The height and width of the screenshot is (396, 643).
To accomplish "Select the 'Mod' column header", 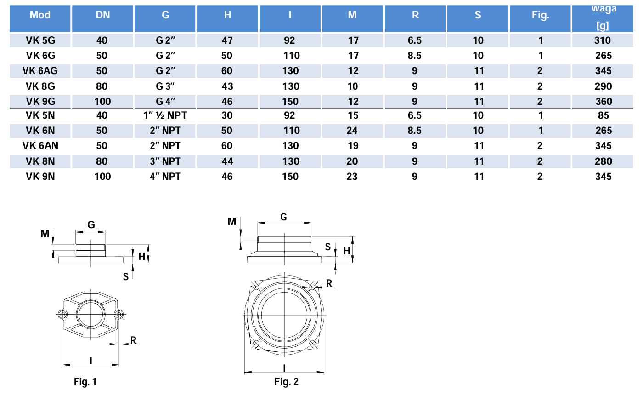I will pyautogui.click(x=40, y=15).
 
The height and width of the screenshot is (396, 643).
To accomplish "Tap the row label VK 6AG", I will pyautogui.click(x=40, y=71).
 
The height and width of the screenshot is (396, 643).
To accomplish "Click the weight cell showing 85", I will pyautogui.click(x=603, y=115).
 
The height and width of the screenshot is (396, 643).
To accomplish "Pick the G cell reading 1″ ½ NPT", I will pyautogui.click(x=165, y=115).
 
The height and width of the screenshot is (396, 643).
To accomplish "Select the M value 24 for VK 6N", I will pyautogui.click(x=352, y=131).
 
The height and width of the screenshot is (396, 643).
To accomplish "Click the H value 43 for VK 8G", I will pyautogui.click(x=227, y=86).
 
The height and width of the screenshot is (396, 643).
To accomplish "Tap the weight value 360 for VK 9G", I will pyautogui.click(x=603, y=101).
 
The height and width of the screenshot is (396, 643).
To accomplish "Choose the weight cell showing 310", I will pyautogui.click(x=603, y=40).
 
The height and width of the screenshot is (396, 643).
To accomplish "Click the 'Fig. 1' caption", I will pyautogui.click(x=85, y=381).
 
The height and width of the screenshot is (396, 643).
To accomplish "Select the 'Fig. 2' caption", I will pyautogui.click(x=287, y=381).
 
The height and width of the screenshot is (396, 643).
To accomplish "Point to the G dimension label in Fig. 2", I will pyautogui.click(x=284, y=217).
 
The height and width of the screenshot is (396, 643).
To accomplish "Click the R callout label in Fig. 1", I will pyautogui.click(x=133, y=340).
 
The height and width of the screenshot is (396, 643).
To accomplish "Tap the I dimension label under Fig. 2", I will pyautogui.click(x=285, y=367).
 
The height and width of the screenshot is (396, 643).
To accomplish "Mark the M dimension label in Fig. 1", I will pyautogui.click(x=45, y=234).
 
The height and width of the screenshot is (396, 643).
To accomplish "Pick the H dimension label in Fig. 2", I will pyautogui.click(x=347, y=251).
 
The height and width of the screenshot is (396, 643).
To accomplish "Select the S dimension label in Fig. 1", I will pyautogui.click(x=125, y=275).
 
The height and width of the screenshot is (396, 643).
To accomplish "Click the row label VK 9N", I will pyautogui.click(x=40, y=176).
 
